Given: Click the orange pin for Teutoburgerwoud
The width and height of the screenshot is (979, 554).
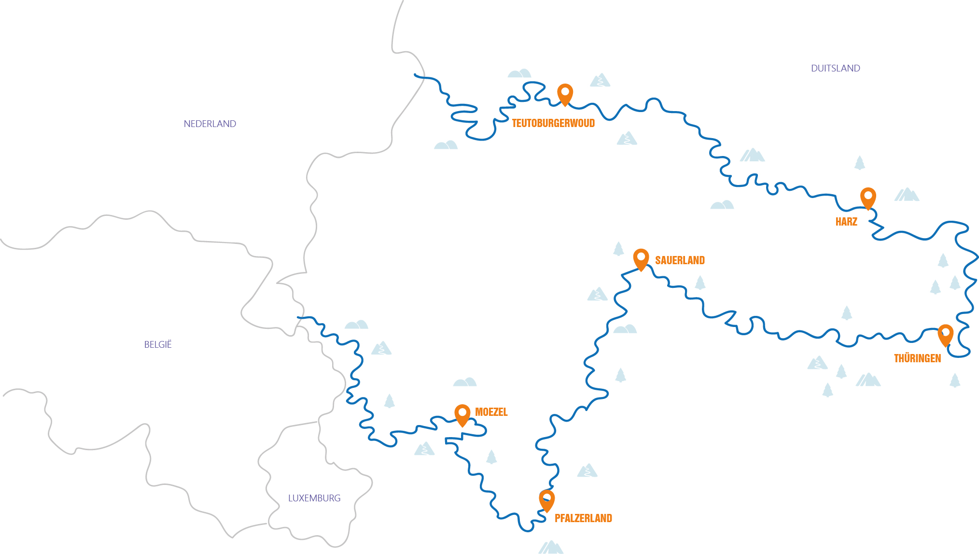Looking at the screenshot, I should pyautogui.click(x=565, y=93).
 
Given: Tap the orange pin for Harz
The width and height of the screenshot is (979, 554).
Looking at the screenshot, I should pyautogui.click(x=868, y=197).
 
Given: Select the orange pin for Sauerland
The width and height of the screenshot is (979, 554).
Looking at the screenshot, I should pyautogui.click(x=641, y=258).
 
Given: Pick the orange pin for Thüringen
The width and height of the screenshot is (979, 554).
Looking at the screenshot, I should pyautogui.click(x=945, y=334).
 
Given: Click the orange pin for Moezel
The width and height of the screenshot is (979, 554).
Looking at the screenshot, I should pyautogui.click(x=462, y=414).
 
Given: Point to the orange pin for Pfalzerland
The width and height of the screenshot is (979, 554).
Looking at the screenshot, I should pyautogui.click(x=546, y=499).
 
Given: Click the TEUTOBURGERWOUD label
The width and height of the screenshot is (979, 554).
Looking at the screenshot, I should pyautogui.click(x=553, y=123).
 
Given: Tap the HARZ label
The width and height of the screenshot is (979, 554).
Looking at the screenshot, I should pyautogui.click(x=846, y=222).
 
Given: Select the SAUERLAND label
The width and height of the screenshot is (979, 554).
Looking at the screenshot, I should pyautogui.click(x=680, y=260).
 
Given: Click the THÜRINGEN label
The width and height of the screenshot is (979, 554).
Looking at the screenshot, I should pyautogui.click(x=917, y=358).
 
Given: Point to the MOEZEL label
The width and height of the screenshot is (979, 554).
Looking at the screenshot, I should pyautogui.click(x=491, y=412).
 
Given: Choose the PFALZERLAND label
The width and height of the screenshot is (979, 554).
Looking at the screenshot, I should pyautogui.click(x=583, y=518).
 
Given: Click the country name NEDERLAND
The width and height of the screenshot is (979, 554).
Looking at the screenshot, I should pyautogui.click(x=210, y=124).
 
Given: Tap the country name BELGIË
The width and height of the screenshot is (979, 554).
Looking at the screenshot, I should pyautogui.click(x=158, y=344).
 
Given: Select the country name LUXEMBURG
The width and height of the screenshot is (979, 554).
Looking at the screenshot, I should pyautogui.click(x=314, y=498).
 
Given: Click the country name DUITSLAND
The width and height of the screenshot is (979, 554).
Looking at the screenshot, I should pyautogui.click(x=835, y=68).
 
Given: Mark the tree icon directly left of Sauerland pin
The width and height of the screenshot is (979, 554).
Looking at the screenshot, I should pyautogui.click(x=618, y=249).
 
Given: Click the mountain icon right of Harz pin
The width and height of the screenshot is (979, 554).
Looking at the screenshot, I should pyautogui.click(x=907, y=195).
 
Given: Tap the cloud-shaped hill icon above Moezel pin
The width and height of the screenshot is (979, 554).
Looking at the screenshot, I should pyautogui.click(x=465, y=382).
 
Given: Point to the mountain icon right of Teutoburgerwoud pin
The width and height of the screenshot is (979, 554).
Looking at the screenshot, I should pyautogui.click(x=600, y=80).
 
